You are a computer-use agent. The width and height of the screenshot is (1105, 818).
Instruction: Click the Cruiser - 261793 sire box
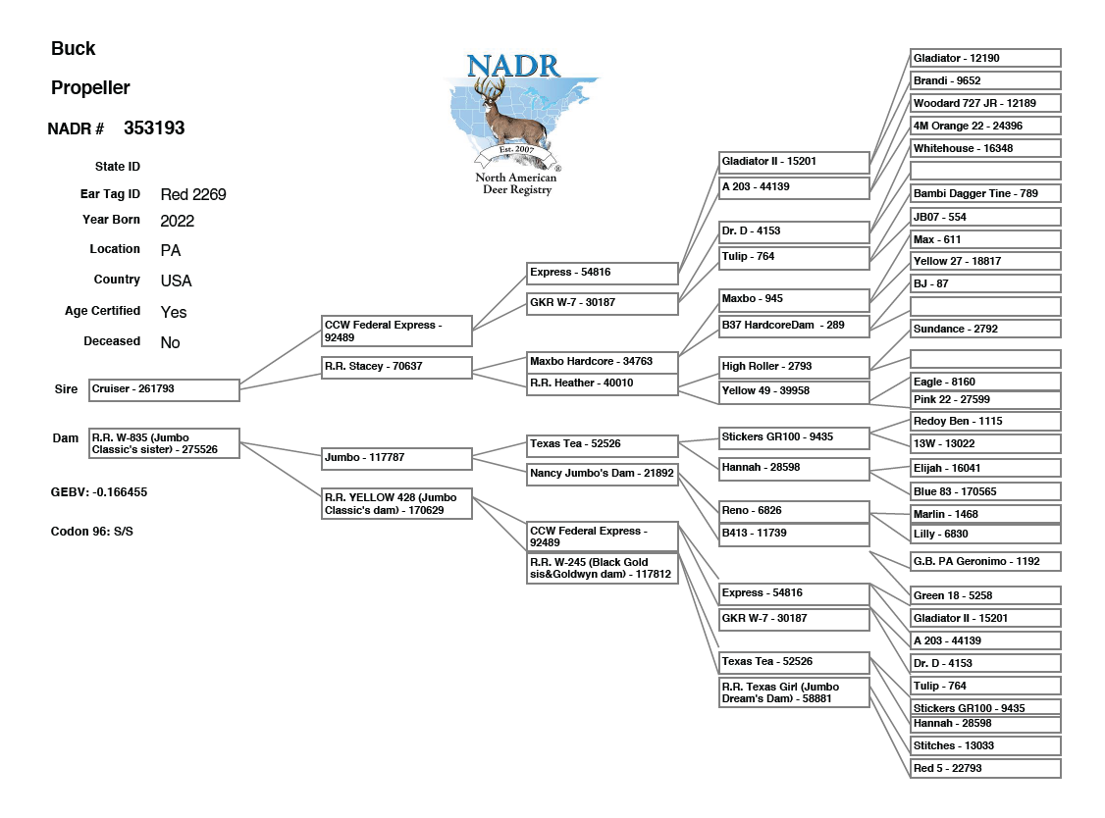164,389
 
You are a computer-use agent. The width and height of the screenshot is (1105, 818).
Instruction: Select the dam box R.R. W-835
164,443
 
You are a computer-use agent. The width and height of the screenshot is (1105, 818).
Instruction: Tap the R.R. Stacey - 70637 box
396,367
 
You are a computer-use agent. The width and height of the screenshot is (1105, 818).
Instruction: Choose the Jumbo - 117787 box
396,457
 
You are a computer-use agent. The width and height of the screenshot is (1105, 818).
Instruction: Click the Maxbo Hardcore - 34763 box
602,361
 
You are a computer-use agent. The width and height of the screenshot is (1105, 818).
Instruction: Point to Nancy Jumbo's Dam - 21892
602,474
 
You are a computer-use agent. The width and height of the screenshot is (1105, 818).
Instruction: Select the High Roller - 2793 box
794,367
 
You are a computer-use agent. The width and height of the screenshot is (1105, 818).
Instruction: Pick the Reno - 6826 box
794,511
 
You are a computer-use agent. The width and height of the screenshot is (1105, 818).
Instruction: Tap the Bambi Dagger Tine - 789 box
985,194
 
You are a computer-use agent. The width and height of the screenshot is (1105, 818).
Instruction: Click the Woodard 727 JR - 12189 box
985,103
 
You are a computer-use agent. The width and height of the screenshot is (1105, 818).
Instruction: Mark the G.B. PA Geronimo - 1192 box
985,561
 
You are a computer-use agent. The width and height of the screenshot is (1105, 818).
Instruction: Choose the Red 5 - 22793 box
985,768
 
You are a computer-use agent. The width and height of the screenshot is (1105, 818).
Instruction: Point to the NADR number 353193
154,128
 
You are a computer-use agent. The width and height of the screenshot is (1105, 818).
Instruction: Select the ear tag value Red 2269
193,194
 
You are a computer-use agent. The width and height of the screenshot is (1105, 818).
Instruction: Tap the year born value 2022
178,221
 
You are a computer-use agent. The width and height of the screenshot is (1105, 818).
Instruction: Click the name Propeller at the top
90,88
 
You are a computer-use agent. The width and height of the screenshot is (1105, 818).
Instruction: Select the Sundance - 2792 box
985,329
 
